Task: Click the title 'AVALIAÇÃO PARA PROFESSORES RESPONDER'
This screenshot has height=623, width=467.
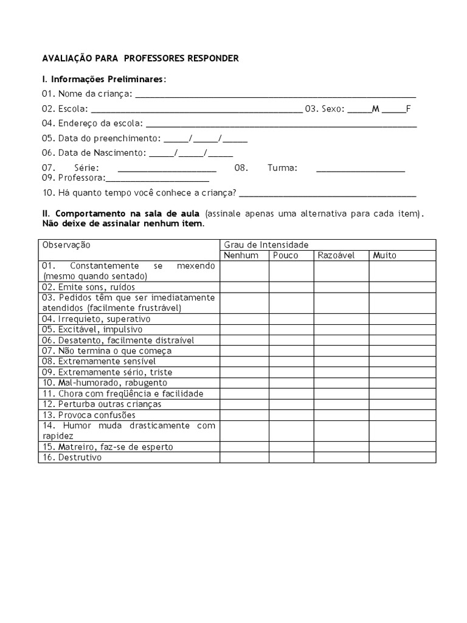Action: click(140, 58)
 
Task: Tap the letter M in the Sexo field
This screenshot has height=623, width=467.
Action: click(375, 109)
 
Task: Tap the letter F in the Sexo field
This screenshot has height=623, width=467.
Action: click(409, 109)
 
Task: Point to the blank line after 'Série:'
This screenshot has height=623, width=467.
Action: click(167, 168)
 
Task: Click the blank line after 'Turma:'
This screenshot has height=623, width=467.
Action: click(361, 168)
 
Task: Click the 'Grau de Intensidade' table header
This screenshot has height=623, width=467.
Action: click(266, 245)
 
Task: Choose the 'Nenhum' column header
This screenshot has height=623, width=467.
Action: click(241, 256)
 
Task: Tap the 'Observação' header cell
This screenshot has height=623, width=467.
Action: click(66, 245)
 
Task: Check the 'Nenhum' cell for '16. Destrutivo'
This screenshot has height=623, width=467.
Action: click(244, 458)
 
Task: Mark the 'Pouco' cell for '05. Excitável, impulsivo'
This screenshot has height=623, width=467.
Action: click(291, 330)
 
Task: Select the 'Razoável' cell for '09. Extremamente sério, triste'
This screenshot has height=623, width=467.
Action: click(341, 372)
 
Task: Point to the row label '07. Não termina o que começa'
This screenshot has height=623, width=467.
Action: click(106, 351)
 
